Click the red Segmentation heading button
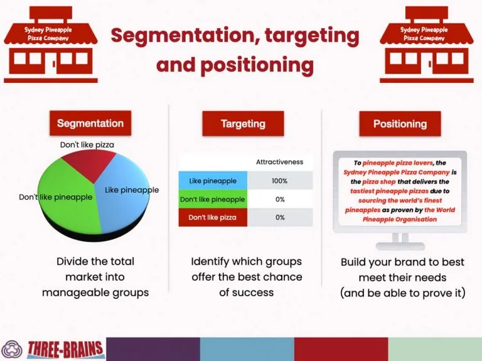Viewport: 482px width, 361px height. [90, 123]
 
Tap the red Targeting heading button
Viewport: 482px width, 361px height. [243, 124]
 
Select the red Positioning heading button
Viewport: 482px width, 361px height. [400, 124]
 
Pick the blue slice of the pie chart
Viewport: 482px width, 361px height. [123, 203]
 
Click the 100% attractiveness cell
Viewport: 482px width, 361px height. [280, 181]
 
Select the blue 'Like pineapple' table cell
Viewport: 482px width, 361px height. [213, 181]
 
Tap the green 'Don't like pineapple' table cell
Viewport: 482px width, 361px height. [213, 199]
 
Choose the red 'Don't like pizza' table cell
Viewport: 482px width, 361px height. [213, 217]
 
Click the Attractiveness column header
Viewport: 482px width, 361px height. [280, 162]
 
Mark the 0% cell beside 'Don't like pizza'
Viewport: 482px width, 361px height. [280, 217]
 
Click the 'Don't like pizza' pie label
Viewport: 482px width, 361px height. [87, 144]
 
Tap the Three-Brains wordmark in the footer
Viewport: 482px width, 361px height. [65, 350]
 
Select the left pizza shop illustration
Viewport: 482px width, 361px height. [50, 45]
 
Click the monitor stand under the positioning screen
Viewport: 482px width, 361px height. [400, 241]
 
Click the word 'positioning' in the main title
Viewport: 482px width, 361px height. [257, 65]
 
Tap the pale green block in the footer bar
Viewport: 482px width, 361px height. [435, 349]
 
